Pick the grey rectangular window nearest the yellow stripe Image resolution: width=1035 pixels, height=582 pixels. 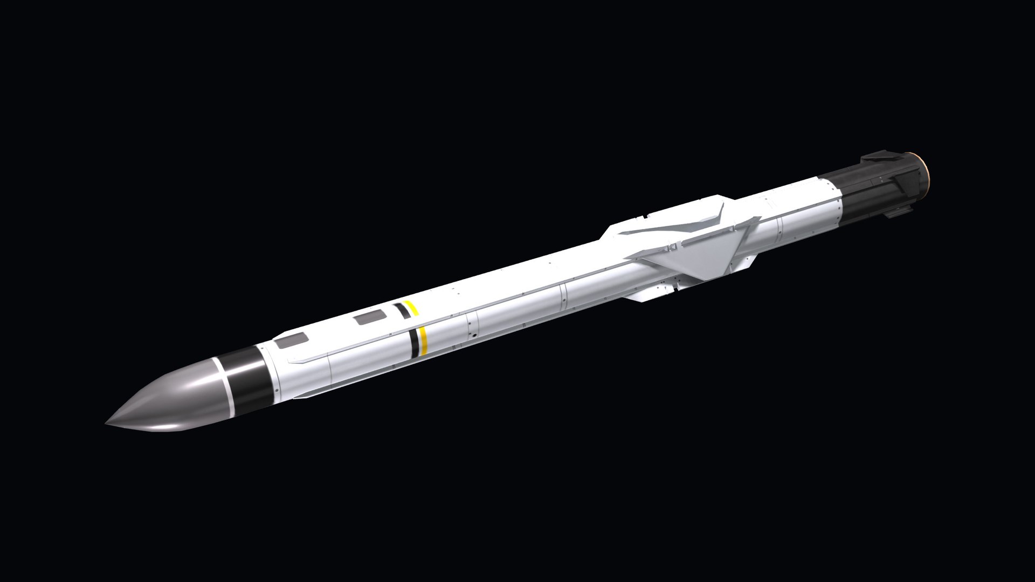(x=368, y=319)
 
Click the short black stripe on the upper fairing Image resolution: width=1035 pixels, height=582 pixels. (x=401, y=309)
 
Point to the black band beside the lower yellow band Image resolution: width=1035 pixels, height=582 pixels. (x=415, y=343)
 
